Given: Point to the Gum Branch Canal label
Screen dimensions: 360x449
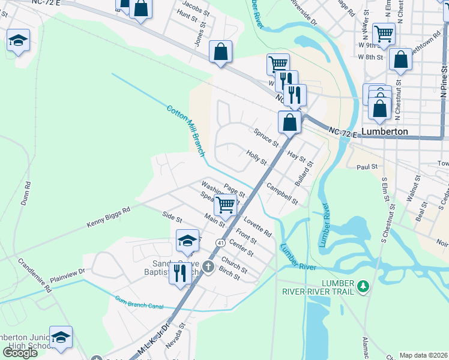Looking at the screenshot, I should pyautogui.click(x=139, y=302).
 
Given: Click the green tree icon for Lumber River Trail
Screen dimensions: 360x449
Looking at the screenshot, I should pyautogui.click(x=363, y=287).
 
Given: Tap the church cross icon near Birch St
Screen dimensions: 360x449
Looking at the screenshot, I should pyautogui.click(x=208, y=266).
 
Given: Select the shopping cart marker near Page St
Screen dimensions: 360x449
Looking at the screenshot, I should pyautogui.click(x=226, y=205).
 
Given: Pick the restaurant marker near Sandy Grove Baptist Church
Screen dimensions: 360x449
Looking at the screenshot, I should pyautogui.click(x=180, y=273).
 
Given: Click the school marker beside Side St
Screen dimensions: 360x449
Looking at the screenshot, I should pyautogui.click(x=187, y=241).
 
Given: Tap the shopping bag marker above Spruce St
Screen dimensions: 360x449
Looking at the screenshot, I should pyautogui.click(x=289, y=122).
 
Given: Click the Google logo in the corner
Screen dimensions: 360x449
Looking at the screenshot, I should pyautogui.click(x=20, y=352).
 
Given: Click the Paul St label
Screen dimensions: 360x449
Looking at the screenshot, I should pyautogui.click(x=367, y=167).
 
